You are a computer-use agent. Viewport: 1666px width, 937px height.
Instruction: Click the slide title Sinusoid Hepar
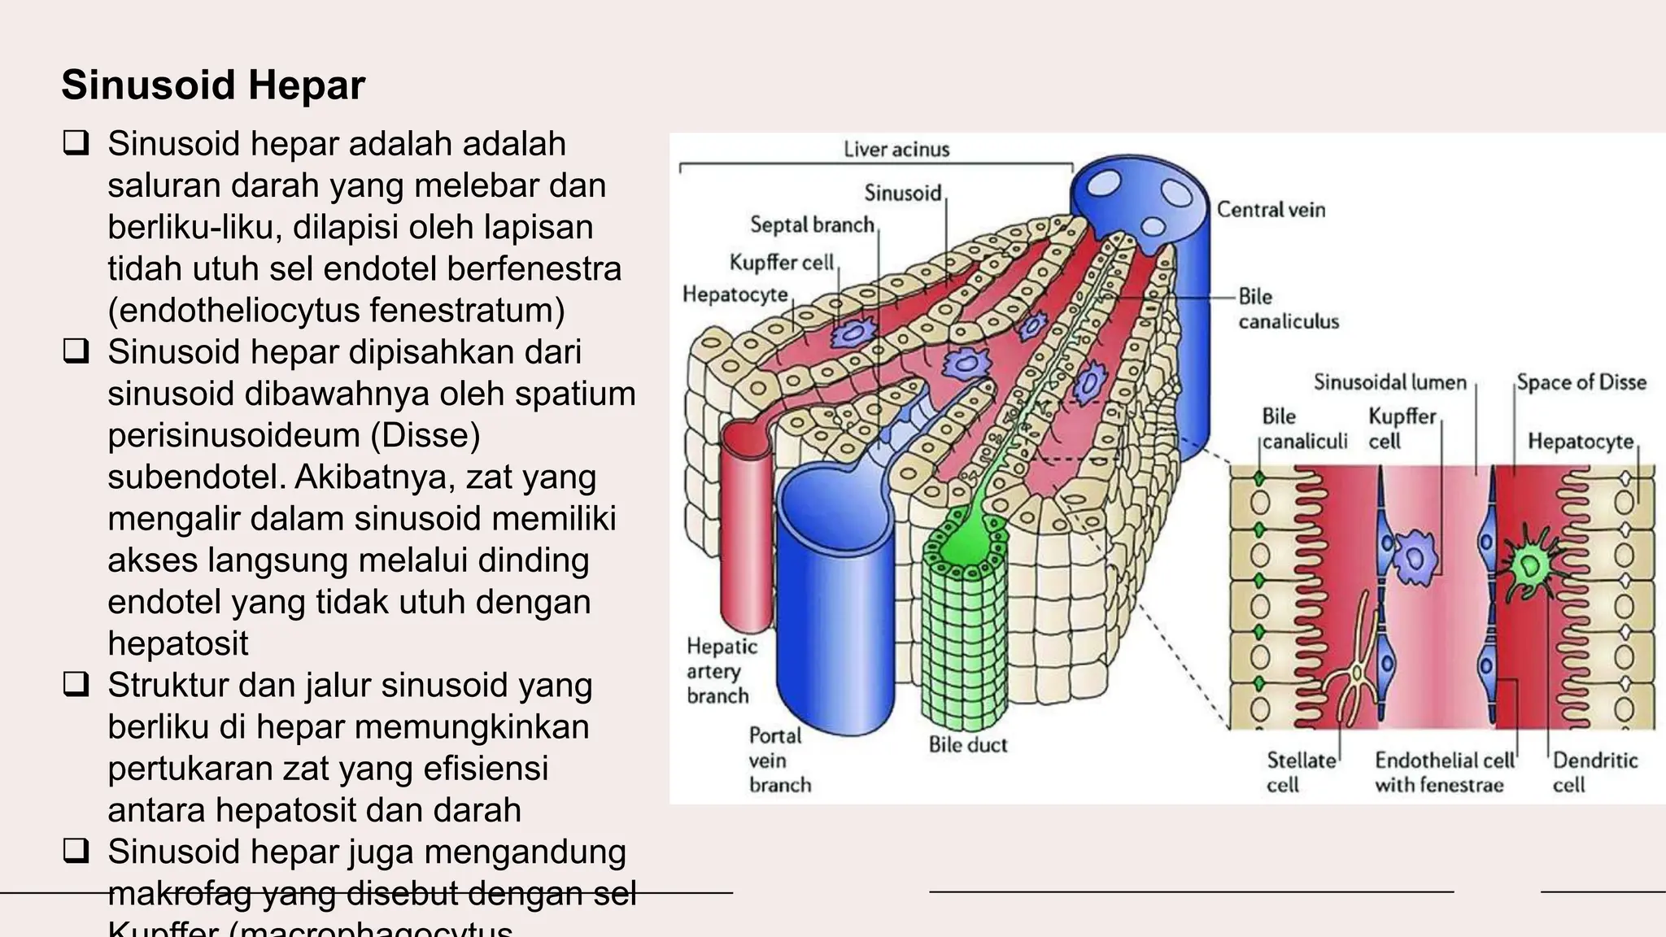point(213,85)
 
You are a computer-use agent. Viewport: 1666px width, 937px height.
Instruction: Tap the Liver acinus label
point(896,150)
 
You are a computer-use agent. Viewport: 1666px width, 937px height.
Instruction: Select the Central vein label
point(1271,210)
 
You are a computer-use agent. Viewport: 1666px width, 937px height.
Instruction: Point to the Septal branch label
point(812,224)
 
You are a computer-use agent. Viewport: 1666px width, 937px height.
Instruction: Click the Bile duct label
point(967,745)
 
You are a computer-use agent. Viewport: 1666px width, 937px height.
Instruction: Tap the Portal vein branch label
point(779,760)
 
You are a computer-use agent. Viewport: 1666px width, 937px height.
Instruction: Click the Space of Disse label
point(1581,382)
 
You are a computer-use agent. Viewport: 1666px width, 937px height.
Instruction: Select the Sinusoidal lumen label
point(1389,382)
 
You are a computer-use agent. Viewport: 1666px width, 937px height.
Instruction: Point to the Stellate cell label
point(1300,772)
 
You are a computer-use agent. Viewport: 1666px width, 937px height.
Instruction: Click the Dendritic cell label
point(1594,772)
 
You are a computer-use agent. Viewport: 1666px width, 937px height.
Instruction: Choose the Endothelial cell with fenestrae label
point(1444,772)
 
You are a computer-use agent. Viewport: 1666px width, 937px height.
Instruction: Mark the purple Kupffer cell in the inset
point(1416,557)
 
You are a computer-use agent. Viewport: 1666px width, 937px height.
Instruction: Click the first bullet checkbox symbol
point(76,145)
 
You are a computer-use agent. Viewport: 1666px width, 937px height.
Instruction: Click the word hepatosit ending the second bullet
point(178,643)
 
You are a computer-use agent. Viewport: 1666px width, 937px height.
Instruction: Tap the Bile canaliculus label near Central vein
point(1287,309)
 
